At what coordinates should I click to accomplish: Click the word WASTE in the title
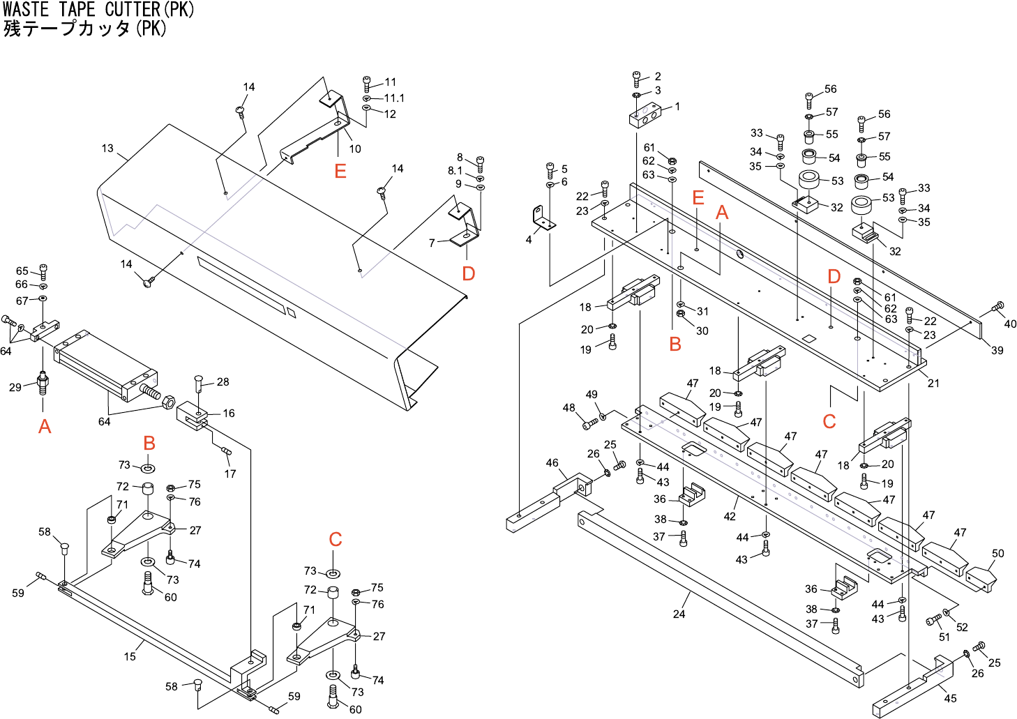(x=26, y=9)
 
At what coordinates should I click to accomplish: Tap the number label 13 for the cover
(x=107, y=148)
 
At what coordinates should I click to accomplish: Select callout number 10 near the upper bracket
(x=355, y=149)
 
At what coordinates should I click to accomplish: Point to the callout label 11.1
(x=394, y=98)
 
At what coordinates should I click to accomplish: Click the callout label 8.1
(x=455, y=171)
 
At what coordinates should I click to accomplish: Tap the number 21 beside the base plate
(x=933, y=383)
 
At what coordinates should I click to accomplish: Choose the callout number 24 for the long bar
(x=679, y=614)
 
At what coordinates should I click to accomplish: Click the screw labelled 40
(x=997, y=307)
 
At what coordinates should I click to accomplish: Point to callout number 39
(x=997, y=350)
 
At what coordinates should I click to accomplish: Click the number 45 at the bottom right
(x=950, y=698)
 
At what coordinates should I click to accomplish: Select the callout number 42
(x=730, y=517)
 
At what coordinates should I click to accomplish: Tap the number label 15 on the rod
(x=130, y=656)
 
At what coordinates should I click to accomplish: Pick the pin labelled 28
(x=199, y=381)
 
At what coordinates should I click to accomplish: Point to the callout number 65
(x=22, y=271)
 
